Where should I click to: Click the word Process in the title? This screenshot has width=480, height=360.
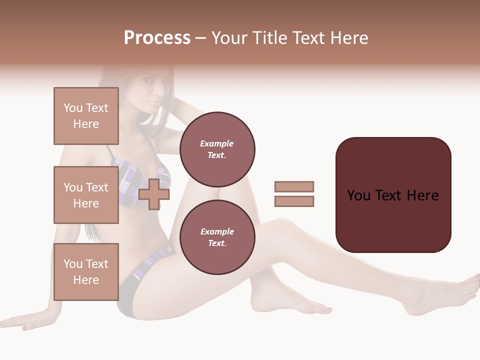[x=157, y=38]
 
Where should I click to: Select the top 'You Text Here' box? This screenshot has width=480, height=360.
[x=86, y=116]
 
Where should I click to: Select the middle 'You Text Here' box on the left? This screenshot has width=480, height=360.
[x=86, y=195]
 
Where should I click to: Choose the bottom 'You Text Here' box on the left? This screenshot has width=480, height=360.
[x=86, y=271]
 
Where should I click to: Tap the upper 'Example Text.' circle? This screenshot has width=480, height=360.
[x=217, y=149]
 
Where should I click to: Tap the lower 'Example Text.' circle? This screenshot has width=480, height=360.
[x=217, y=237]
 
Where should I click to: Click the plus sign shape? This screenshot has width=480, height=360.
[x=154, y=193]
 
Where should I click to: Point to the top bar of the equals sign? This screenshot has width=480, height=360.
[x=294, y=186]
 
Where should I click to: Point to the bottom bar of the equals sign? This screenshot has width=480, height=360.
[x=294, y=201]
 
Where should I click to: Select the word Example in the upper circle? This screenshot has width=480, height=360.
[x=217, y=144]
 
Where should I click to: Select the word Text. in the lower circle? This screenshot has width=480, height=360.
[x=217, y=243]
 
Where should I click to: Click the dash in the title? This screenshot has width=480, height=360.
[x=201, y=38]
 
